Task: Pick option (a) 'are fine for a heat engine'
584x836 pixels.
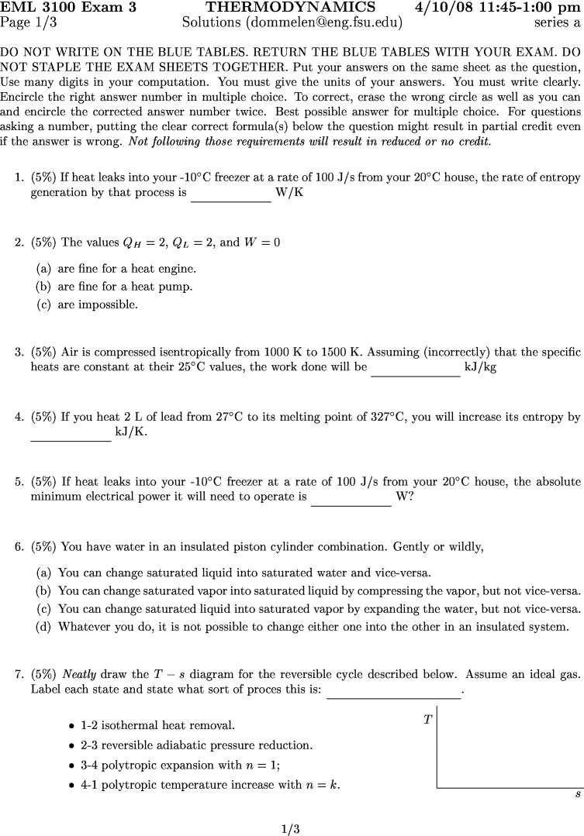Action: pyautogui.click(x=116, y=269)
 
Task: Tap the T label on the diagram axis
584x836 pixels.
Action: pyautogui.click(x=427, y=720)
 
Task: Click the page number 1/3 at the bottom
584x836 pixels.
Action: pyautogui.click(x=291, y=829)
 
